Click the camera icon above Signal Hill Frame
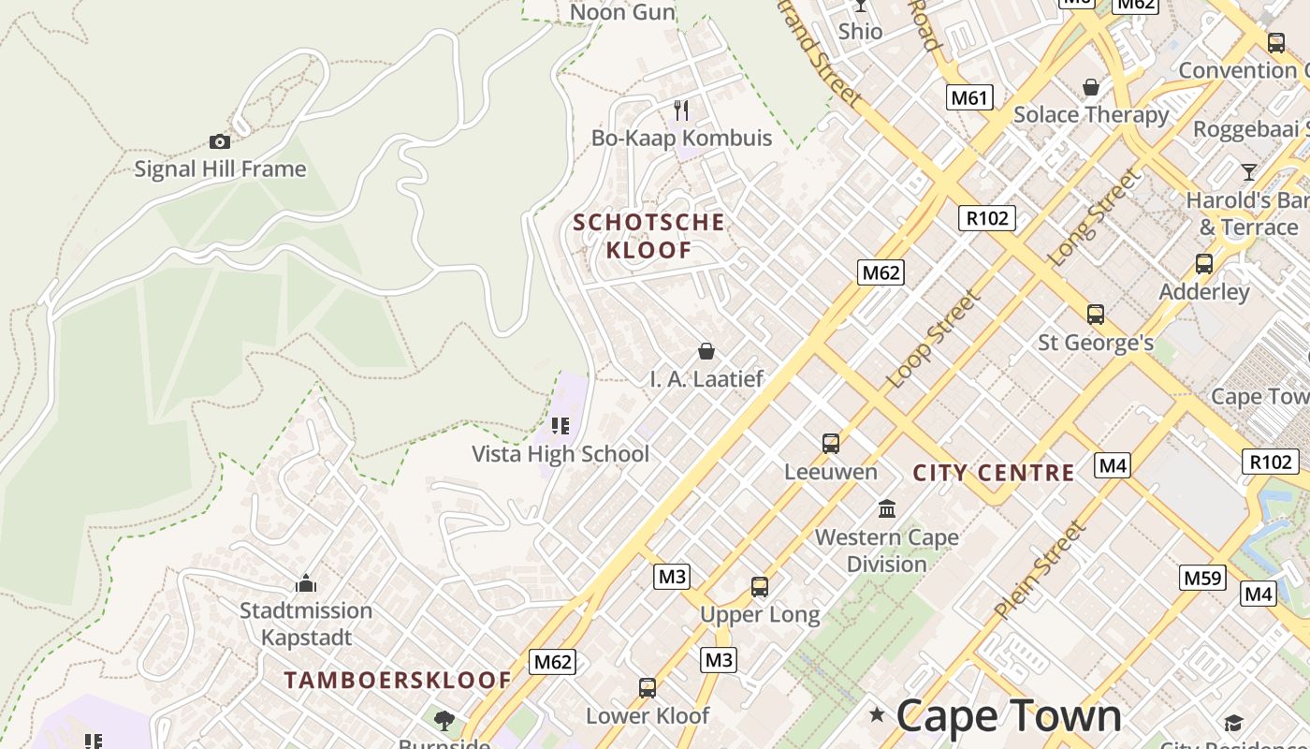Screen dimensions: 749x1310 click(x=220, y=142)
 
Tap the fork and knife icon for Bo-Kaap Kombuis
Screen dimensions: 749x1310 click(x=681, y=110)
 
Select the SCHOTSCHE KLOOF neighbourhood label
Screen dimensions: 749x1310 click(x=648, y=236)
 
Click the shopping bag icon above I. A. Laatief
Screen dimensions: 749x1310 click(x=706, y=351)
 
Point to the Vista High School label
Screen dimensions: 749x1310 click(x=560, y=454)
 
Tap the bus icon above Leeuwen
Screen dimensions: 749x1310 click(x=830, y=443)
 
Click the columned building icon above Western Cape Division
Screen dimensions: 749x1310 click(x=886, y=509)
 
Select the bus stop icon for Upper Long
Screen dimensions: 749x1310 click(x=760, y=587)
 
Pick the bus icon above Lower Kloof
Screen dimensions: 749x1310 click(x=647, y=688)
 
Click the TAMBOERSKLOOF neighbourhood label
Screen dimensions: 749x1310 click(x=398, y=681)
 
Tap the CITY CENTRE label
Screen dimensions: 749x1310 click(x=993, y=473)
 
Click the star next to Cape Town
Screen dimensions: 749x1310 click(x=877, y=715)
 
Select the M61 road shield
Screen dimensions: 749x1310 click(x=968, y=97)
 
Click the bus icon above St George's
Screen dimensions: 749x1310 click(x=1096, y=315)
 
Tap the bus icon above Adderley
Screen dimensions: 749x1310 click(x=1203, y=264)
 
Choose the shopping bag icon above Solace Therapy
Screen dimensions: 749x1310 click(x=1091, y=87)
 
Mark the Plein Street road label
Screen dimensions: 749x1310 click(x=1041, y=570)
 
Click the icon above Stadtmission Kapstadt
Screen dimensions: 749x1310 click(x=306, y=583)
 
